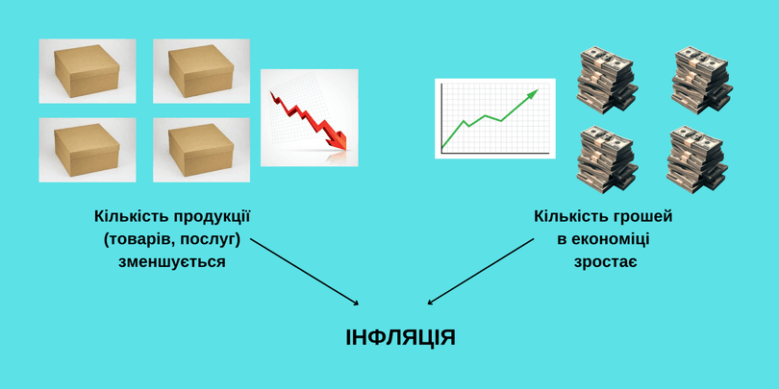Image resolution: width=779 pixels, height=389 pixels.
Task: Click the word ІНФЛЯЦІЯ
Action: click(400, 338)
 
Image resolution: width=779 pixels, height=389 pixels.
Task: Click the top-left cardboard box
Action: click(87, 71)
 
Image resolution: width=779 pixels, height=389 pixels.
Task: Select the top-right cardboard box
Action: click(201, 71)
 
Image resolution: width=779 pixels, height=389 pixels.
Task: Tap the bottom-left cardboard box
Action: click(87, 150)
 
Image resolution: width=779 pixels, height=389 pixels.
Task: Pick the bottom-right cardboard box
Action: click(201, 150)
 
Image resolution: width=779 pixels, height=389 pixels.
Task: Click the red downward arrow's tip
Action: click(345, 149)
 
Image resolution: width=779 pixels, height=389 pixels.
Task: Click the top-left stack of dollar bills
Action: click(607, 81)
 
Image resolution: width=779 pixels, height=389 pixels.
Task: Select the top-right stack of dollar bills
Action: click(702, 81)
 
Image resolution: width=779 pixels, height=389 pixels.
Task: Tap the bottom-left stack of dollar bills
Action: click(607, 158)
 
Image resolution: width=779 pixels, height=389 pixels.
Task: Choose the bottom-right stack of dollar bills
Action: click(697, 158)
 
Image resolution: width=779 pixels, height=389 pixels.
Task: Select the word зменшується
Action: click(172, 261)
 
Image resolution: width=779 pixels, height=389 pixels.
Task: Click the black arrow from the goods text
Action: click(304, 272)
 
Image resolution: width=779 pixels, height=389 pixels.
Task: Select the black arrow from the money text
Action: click(481, 271)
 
